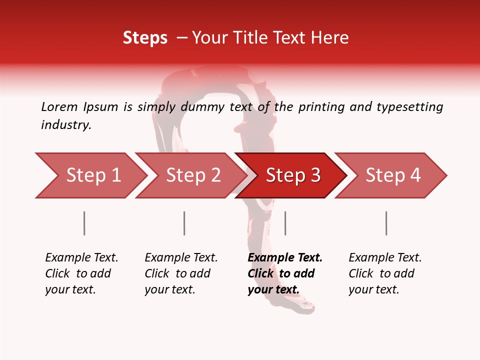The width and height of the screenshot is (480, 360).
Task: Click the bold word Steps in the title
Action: tap(145, 38)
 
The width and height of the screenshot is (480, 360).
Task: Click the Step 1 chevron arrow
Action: tap(90, 175)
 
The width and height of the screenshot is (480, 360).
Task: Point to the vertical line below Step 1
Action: tap(84, 223)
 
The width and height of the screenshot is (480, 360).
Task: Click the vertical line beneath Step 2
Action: tap(184, 223)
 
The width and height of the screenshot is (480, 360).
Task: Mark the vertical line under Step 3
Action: tap(285, 223)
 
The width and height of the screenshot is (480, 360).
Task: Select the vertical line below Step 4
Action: tap(386, 223)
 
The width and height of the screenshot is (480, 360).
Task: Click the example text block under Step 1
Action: tap(81, 273)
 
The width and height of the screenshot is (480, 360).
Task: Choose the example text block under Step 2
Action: tap(181, 273)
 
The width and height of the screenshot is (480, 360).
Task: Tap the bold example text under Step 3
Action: tap(285, 273)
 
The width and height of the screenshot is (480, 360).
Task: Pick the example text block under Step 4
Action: tap(385, 273)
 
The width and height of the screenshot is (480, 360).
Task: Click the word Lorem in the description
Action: tap(59, 107)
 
